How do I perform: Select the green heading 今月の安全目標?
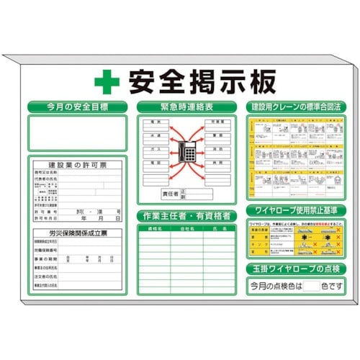(77, 107)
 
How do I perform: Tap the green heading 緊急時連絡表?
(185, 107)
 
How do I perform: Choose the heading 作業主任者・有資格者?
(185, 215)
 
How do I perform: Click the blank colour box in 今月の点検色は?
(311, 285)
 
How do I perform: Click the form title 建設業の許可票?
(77, 165)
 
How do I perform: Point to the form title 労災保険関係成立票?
(77, 233)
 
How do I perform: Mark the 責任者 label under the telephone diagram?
(171, 194)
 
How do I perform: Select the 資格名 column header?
(154, 228)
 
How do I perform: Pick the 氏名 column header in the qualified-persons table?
(217, 228)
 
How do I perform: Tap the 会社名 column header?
(186, 228)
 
